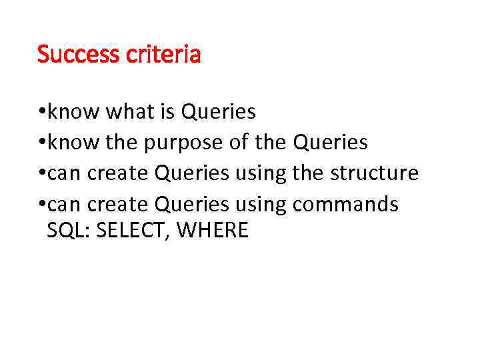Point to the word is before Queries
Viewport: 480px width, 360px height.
pyautogui.click(x=167, y=111)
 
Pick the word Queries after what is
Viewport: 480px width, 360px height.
pyautogui.click(x=218, y=111)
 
